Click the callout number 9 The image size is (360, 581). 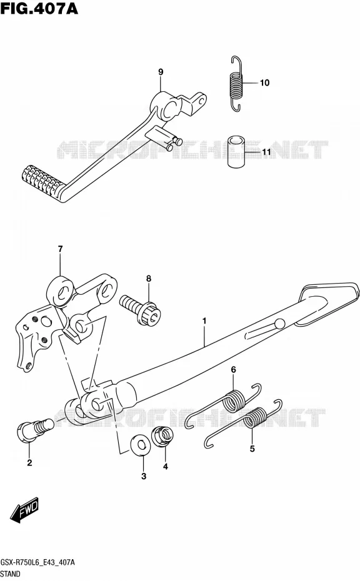tap(161, 72)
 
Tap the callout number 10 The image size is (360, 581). tap(264, 82)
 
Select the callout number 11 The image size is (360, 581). tap(266, 152)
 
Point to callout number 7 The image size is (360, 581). tap(60, 249)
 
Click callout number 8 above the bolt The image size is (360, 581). tap(149, 278)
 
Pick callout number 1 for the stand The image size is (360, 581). tap(204, 320)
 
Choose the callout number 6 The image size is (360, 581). tap(233, 369)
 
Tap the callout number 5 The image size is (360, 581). tap(252, 449)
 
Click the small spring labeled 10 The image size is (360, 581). tap(236, 83)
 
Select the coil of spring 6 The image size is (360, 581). tap(234, 400)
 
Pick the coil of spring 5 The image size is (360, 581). tap(256, 417)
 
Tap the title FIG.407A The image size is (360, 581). tap(39, 7)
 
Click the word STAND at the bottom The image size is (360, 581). tap(11, 574)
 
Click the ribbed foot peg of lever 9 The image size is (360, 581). tap(42, 180)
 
